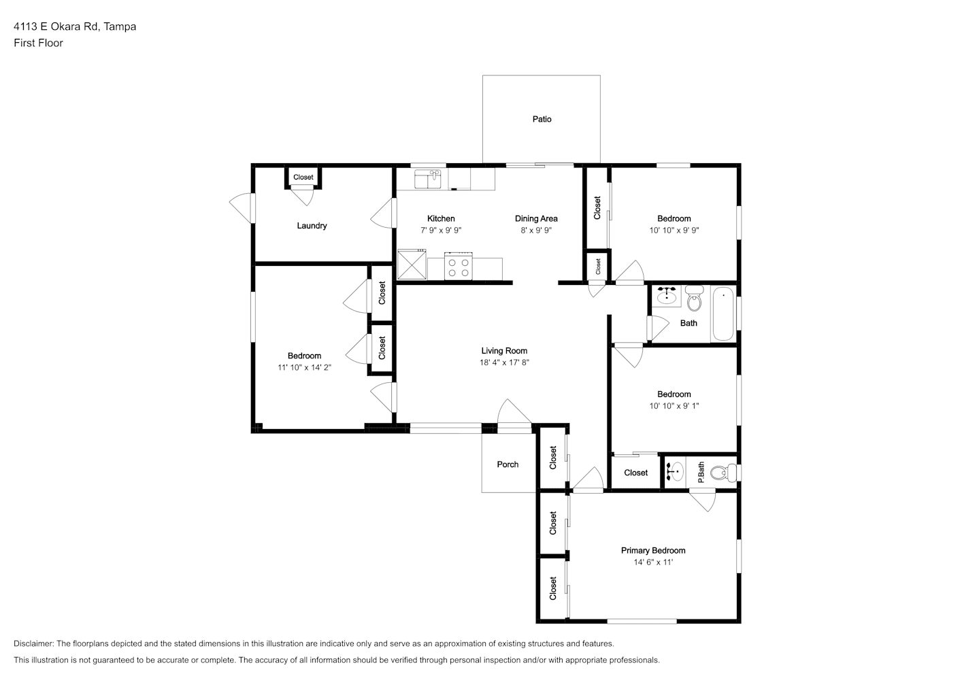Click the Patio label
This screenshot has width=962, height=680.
pos(542,120)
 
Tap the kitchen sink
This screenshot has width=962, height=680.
pos(428,179)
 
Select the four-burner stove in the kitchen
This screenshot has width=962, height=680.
pos(459,266)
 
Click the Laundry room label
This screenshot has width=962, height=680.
pos(312,226)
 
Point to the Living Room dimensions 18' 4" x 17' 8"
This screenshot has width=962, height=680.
pos(504,362)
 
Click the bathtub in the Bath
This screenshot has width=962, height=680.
pos(723,313)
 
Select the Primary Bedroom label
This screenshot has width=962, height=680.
pos(653,550)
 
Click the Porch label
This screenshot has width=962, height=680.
pos(508,464)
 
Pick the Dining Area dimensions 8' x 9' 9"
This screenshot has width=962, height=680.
pos(536,230)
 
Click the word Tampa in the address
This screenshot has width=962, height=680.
pos(120,27)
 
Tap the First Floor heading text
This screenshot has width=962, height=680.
pos(38,43)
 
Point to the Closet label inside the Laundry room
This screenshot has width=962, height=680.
pos(303,177)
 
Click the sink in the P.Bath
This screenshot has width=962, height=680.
pos(675,472)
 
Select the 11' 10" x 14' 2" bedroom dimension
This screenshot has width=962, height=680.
pos(305,367)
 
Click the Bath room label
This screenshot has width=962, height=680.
pos(689,323)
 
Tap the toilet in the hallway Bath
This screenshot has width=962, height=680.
pos(694,298)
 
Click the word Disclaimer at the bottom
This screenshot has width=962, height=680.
pos(33,643)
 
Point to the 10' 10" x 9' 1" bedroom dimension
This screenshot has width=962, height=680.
pos(674,406)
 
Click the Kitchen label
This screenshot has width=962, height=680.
pos(441,218)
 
